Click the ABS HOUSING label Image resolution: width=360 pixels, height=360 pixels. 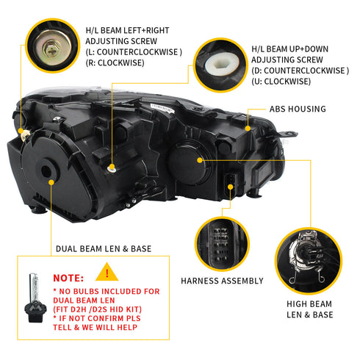pos(298,109)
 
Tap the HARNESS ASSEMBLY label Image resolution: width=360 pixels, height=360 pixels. pos(222,281)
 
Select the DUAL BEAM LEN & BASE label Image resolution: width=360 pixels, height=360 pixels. pos(104,249)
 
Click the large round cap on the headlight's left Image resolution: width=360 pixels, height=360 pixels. pos(49,172)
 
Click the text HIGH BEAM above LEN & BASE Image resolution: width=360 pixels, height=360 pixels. pos(309,303)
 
